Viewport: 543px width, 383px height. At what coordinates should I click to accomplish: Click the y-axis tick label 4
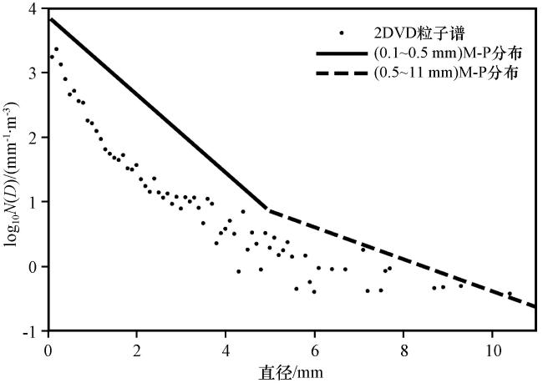(x=33, y=9)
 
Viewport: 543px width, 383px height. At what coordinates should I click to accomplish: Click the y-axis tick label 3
(x=33, y=73)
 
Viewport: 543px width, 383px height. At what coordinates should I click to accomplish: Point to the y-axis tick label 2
(x=33, y=138)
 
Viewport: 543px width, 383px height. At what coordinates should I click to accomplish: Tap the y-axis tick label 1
(x=33, y=202)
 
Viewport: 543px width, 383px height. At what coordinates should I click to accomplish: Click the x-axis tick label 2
(x=137, y=350)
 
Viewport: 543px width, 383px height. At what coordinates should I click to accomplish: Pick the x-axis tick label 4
(x=226, y=350)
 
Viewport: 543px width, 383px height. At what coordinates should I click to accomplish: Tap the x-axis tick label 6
(x=315, y=350)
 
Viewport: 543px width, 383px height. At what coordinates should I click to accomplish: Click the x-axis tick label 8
(x=403, y=350)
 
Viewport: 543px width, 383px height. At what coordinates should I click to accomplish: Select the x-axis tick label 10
(x=492, y=350)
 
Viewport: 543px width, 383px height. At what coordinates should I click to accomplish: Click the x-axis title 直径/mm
(x=291, y=373)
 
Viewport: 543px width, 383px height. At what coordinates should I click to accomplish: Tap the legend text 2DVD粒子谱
(x=419, y=33)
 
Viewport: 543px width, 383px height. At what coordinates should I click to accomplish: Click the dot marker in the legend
(x=342, y=33)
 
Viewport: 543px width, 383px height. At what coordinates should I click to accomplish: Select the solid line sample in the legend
(x=342, y=53)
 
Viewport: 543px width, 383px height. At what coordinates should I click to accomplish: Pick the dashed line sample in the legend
(x=342, y=73)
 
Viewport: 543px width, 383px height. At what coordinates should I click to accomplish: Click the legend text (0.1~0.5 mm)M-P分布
(x=448, y=53)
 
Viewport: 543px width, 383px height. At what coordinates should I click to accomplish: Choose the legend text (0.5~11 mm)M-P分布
(x=446, y=73)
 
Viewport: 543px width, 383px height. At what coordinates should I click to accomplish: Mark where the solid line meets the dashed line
(x=266, y=209)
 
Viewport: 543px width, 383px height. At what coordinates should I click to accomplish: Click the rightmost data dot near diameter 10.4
(x=510, y=294)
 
